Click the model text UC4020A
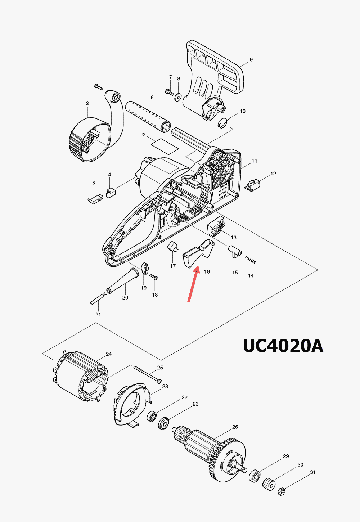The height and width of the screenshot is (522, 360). pos(283,346)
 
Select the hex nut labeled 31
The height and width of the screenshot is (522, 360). pos(282,491)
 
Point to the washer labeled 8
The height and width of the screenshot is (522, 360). pos(178,96)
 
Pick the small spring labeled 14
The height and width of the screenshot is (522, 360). pos(250,260)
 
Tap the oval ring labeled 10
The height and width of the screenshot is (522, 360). pos(223,123)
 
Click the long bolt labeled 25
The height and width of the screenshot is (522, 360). pos(148,374)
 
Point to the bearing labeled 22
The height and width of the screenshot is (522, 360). pos(152,417)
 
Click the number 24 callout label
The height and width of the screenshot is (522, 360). pos(108,354)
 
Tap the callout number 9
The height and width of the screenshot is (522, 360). pos(251,59)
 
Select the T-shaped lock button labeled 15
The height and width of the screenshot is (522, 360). pos(235,251)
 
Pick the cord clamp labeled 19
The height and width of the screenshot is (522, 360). pos(145,268)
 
